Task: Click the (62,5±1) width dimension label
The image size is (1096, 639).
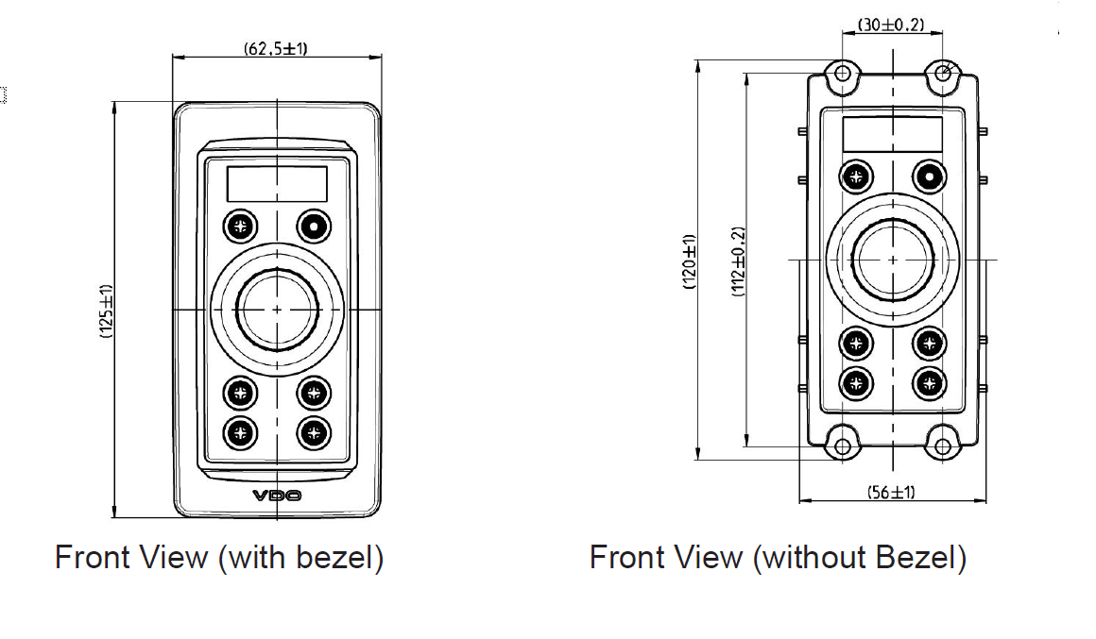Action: click(x=276, y=48)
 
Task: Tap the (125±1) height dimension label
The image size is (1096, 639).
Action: click(x=106, y=311)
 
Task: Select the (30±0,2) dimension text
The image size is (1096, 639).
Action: click(x=891, y=25)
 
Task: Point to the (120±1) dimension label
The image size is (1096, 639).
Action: click(x=690, y=261)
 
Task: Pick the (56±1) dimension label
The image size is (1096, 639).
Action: click(x=891, y=492)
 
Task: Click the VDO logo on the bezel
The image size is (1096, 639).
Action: click(x=277, y=496)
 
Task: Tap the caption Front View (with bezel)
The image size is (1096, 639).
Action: click(x=219, y=557)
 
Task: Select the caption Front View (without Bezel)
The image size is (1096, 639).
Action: click(x=778, y=557)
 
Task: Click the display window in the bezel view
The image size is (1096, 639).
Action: click(x=277, y=183)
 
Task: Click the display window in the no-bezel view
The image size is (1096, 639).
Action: click(x=892, y=132)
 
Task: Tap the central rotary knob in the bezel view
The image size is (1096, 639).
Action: click(x=277, y=309)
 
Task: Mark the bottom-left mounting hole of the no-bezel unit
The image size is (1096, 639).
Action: click(x=842, y=446)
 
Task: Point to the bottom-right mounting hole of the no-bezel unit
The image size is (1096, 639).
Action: click(x=942, y=446)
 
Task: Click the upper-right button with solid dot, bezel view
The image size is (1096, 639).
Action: click(x=315, y=227)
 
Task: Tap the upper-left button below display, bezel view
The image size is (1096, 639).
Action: click(x=240, y=227)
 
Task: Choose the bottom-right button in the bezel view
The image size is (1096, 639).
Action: click(x=315, y=432)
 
